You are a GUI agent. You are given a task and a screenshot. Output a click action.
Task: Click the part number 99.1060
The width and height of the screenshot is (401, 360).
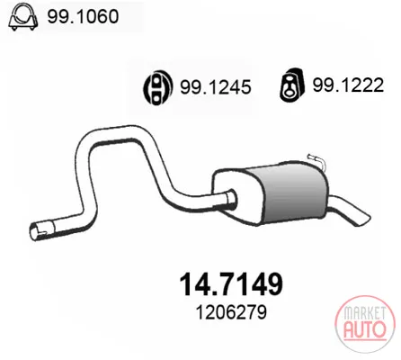(x=83, y=16)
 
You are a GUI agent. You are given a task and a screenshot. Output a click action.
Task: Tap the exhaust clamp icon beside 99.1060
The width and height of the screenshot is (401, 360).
(x=23, y=17)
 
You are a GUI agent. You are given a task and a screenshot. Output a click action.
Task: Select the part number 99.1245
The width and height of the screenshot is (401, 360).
(x=215, y=87)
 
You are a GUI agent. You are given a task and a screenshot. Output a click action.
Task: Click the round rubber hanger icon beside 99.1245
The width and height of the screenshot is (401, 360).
(x=157, y=87)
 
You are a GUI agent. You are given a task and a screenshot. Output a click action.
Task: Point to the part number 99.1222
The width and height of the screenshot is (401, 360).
(x=348, y=85)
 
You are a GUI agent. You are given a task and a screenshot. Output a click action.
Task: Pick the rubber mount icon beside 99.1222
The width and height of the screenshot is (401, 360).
(x=292, y=85)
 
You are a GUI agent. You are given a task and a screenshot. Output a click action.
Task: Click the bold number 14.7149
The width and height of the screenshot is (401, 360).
(x=231, y=283)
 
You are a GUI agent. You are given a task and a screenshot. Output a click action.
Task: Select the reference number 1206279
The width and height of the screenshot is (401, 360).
(x=231, y=312)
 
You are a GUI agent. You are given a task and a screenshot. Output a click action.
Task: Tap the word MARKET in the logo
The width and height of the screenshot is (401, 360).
(x=364, y=314)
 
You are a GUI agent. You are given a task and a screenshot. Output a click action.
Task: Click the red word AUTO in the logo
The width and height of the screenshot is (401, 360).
(x=364, y=329)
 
